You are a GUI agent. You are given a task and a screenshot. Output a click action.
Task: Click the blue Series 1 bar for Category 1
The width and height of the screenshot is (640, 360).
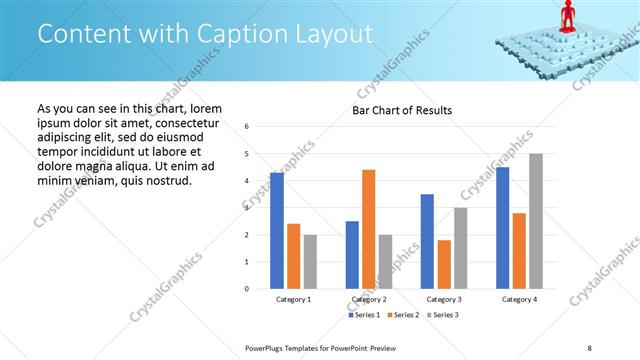click(277, 231)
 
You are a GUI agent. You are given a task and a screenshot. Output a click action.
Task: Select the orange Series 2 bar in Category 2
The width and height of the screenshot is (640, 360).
click(369, 229)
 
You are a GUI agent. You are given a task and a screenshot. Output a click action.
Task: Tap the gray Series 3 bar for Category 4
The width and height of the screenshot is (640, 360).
click(536, 221)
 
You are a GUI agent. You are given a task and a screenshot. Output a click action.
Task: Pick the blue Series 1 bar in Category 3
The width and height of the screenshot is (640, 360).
click(428, 241)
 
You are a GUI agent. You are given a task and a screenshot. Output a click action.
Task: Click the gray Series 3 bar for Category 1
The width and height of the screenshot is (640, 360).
click(310, 261)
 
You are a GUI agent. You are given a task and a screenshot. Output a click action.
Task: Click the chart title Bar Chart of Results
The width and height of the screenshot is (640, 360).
click(402, 110)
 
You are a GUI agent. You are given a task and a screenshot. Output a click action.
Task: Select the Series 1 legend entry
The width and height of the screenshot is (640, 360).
click(365, 315)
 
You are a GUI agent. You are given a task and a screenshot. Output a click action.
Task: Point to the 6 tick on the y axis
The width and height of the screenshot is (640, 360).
click(247, 126)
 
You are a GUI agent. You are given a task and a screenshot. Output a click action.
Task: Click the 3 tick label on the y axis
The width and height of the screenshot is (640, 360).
click(247, 208)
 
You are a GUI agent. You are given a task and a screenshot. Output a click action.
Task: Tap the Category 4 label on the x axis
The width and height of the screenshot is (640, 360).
click(519, 299)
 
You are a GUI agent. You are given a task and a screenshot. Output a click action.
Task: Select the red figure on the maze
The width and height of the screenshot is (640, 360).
click(567, 15)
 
